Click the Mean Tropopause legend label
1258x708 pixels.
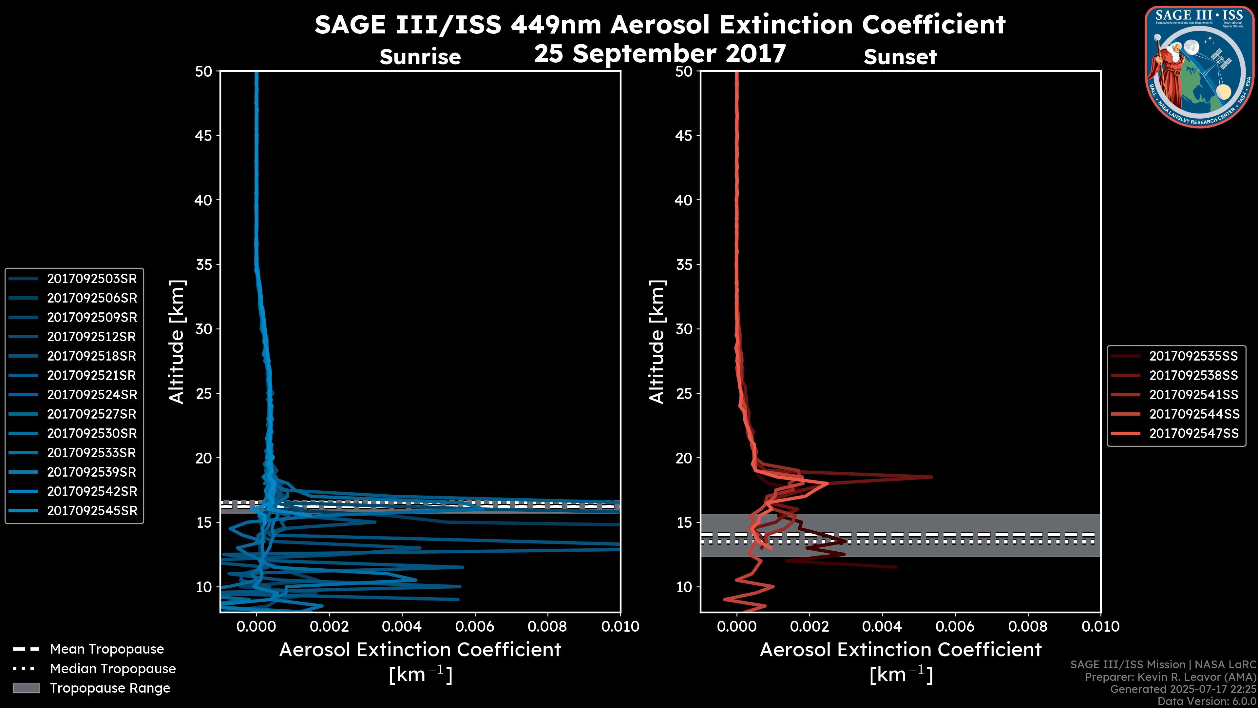107,649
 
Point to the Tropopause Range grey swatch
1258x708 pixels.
26,688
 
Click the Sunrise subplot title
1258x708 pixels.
420,57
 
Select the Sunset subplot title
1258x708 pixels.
900,57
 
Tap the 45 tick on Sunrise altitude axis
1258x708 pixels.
203,135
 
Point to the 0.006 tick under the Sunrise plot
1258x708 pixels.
475,626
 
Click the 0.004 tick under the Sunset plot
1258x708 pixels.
883,626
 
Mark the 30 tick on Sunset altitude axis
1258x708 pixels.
684,329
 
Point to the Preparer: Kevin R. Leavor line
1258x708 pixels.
1170,677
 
